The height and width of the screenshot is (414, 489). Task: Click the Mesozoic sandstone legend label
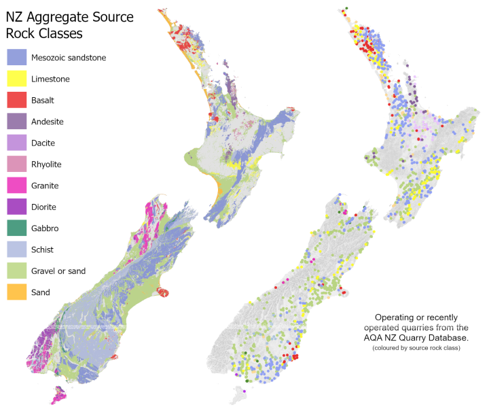coord(69,58)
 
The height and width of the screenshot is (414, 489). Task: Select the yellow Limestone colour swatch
coord(16,79)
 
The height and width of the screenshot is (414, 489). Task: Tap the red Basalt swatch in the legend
coord(16,101)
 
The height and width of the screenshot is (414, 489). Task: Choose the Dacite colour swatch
coord(16,143)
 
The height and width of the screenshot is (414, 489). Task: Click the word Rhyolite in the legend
coord(46,165)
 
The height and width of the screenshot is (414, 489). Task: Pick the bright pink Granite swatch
coord(16,186)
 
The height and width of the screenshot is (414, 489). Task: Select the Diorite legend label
coord(43,207)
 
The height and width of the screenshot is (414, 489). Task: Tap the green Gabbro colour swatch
coord(16,228)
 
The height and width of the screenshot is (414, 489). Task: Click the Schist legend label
coord(43,249)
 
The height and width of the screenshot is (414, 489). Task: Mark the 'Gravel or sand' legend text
coord(58,271)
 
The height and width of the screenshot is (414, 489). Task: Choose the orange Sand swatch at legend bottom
coord(16,292)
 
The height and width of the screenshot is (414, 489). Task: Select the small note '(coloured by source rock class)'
coord(417,348)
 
